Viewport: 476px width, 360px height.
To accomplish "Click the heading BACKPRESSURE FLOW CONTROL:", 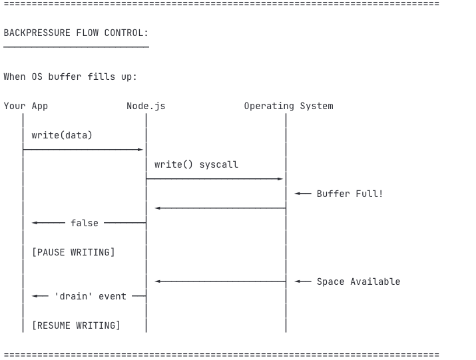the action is tap(76, 33).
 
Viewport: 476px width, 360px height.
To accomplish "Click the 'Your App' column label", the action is tap(26, 106).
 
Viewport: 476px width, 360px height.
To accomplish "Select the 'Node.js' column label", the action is tap(146, 106).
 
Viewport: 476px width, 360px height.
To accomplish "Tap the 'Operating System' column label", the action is tap(289, 106).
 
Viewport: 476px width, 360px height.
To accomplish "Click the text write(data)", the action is tap(62, 135).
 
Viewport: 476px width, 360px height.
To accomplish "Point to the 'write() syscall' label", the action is tap(196, 164).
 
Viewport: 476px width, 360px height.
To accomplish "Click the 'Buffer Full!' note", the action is tap(350, 194).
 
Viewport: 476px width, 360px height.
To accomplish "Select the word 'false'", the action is tap(85, 223).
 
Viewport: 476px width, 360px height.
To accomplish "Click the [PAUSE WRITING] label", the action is tap(73, 252).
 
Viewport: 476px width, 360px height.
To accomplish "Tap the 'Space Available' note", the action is tap(359, 281).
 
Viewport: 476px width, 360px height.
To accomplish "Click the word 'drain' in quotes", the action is tap(73, 296).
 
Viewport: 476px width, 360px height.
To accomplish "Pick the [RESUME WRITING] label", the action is tap(76, 325).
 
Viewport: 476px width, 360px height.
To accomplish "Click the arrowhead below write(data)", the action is tap(140, 149).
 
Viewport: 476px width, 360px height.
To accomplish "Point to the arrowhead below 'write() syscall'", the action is tap(280, 179).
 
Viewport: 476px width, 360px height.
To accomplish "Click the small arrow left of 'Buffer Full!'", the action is tap(303, 194).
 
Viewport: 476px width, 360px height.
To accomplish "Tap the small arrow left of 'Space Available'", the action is tap(303, 281).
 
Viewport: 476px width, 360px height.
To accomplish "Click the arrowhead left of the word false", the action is tap(35, 223).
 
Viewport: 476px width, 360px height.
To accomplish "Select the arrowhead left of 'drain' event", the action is tap(35, 296).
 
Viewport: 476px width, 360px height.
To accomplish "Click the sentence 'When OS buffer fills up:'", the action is tap(70, 77).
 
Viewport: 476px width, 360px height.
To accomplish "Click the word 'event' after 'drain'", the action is tap(113, 296).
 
